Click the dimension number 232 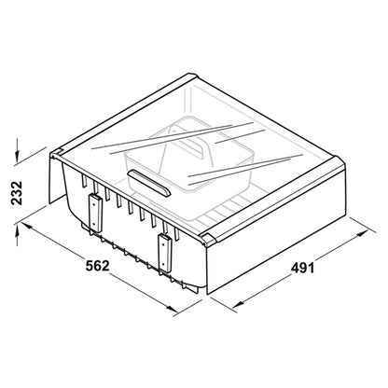click(17, 193)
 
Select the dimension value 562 click(98, 266)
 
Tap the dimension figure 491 click(302, 268)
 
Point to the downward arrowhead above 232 click(17, 157)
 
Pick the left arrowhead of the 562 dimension click(27, 227)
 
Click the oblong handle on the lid click(148, 183)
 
